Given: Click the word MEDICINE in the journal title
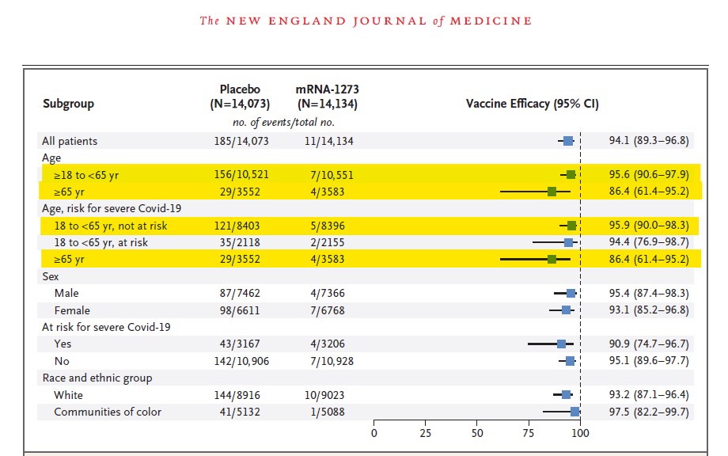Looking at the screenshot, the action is (491, 21).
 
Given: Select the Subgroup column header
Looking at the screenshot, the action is (68, 104).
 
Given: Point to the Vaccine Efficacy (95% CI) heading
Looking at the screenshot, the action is (532, 104).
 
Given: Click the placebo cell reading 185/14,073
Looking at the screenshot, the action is (241, 141).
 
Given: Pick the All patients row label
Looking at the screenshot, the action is (70, 141).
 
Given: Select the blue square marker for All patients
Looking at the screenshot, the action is (568, 141).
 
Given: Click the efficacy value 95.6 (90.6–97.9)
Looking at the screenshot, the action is (649, 175).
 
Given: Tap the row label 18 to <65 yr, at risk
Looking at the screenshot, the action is (100, 242).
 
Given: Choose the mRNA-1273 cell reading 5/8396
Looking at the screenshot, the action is (328, 226).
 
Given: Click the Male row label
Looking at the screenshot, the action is (66, 293).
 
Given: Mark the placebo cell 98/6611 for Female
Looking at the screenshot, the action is (240, 310).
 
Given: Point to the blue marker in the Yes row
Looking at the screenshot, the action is (561, 344).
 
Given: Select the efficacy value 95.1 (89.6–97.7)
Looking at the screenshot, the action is (649, 361).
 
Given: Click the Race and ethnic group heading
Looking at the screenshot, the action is (97, 378).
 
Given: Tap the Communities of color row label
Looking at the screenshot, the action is (108, 412).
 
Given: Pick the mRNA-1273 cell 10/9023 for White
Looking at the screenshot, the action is (324, 395).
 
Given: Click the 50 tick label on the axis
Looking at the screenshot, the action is (477, 433).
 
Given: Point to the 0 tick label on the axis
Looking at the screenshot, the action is (373, 433).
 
